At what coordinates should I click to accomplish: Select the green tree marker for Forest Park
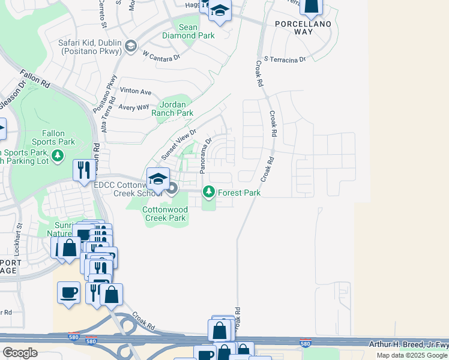click(209, 193)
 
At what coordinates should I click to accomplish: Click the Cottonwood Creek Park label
click(164, 214)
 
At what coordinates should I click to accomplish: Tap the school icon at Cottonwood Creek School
click(158, 179)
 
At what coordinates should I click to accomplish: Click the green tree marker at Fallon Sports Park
click(58, 157)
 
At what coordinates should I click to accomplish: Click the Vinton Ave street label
click(136, 91)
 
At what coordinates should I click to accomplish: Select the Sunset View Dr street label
click(178, 144)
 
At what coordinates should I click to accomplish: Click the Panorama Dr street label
click(206, 157)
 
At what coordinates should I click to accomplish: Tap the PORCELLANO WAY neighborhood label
click(304, 28)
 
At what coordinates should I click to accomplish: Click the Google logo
click(20, 353)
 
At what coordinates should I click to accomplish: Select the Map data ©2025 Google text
click(412, 355)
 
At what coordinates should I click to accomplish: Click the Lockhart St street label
click(20, 238)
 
